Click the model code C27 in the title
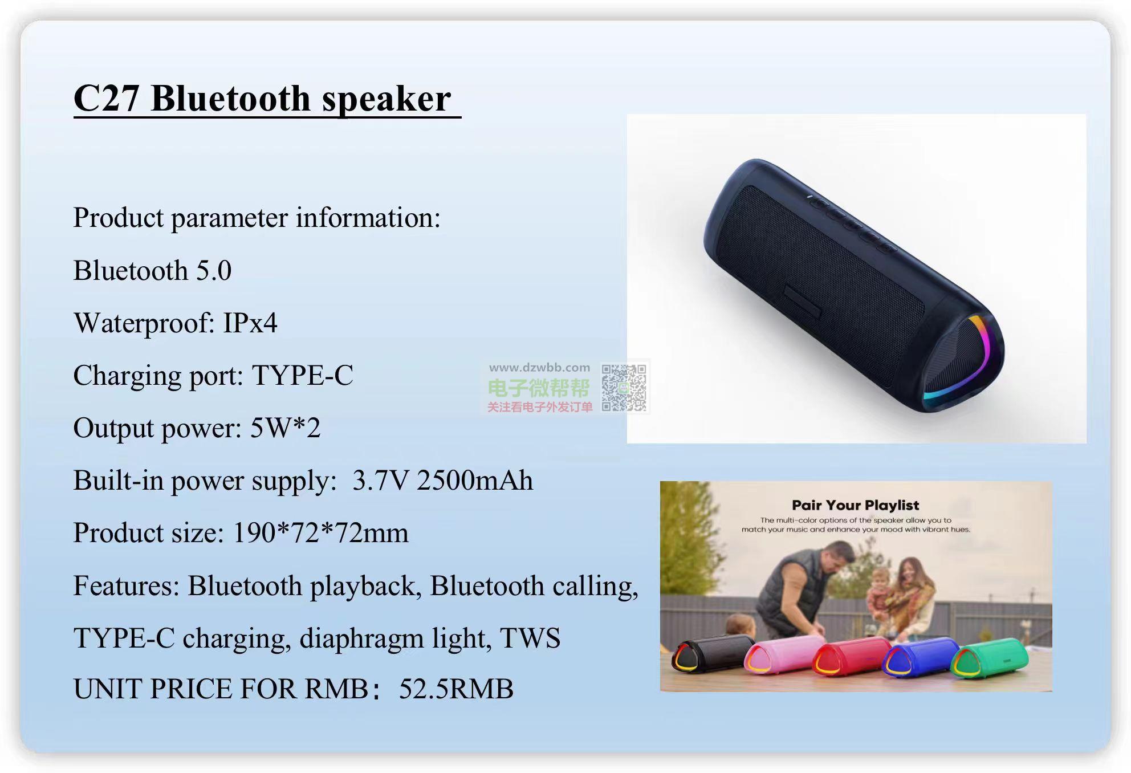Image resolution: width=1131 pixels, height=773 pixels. point(107,98)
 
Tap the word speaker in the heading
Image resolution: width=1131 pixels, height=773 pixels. point(387,100)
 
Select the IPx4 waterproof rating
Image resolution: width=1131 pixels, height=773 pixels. point(250,323)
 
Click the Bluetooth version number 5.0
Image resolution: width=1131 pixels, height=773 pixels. point(214,270)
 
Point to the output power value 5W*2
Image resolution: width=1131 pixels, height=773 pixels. point(285,428)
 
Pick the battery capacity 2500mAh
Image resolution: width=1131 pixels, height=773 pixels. point(475,480)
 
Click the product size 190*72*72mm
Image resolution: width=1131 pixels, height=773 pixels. point(321,533)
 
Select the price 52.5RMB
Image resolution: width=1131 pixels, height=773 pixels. point(456,689)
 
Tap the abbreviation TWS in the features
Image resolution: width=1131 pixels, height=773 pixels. point(530,638)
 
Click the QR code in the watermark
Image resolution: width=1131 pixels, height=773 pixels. point(624,388)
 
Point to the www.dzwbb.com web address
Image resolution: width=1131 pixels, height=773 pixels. point(539,368)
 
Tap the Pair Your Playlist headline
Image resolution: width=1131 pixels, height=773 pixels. point(855,505)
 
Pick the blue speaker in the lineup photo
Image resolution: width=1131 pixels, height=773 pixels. point(921,657)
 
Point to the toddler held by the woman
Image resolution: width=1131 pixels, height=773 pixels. point(880,593)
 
